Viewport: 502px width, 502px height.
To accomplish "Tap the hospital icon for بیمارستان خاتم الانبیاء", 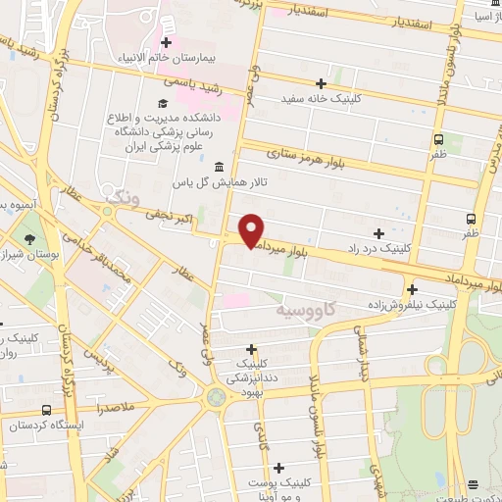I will [167, 42].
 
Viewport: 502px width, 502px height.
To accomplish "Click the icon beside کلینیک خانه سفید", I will [322, 83].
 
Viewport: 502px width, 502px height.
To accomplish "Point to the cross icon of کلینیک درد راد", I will [378, 232].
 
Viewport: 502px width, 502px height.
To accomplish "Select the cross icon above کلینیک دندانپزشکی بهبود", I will [252, 348].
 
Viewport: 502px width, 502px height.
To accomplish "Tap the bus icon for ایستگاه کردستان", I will [46, 410].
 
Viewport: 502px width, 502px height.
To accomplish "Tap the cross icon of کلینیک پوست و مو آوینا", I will [279, 469].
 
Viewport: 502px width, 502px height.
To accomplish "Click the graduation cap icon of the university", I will [163, 103].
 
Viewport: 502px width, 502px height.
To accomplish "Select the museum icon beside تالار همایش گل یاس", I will [218, 166].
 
